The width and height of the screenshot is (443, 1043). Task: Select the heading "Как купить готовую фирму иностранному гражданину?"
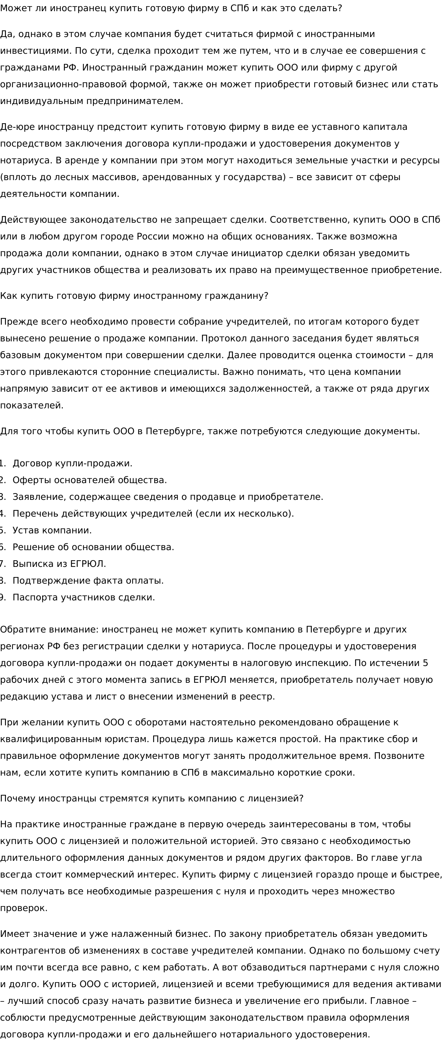[x=134, y=296]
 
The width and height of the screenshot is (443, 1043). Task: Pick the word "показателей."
[x=31, y=406]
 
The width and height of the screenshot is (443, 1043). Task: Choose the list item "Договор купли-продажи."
[x=73, y=463]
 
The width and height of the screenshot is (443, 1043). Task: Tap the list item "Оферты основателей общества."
[x=89, y=480]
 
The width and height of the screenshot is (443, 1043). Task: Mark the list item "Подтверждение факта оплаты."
[x=88, y=580]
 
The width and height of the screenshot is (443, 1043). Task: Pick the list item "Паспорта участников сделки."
[x=83, y=598]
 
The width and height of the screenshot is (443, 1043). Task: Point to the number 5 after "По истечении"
[x=425, y=663]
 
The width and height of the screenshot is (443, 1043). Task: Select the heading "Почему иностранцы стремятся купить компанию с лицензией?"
[x=152, y=798]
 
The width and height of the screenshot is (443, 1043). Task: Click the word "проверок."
[x=23, y=908]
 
